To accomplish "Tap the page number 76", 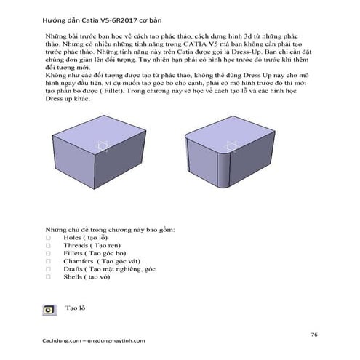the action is click(313, 334).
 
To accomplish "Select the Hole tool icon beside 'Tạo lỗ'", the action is click(49, 308).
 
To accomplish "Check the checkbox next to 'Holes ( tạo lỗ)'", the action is click(48, 238).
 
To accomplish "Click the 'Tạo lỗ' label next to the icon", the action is click(76, 308).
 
